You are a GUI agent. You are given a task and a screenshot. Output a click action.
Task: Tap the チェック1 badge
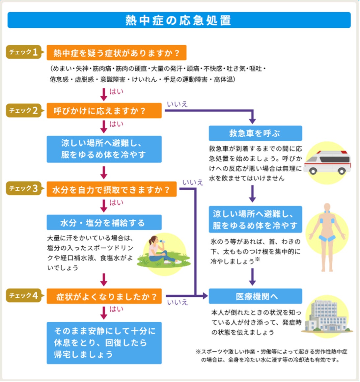[24, 52]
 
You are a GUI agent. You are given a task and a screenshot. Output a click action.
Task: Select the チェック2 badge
[24, 110]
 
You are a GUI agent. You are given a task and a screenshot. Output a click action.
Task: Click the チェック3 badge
[24, 188]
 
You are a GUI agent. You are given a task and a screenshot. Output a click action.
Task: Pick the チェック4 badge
[24, 295]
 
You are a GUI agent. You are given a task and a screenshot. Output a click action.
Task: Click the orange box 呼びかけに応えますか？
[104, 111]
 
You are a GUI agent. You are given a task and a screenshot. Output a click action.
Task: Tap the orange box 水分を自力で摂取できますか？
[111, 189]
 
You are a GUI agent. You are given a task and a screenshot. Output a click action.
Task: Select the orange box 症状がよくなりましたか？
[104, 296]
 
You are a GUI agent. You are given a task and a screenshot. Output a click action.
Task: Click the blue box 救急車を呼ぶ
[255, 133]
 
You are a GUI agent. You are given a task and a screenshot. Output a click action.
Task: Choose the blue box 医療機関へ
[255, 296]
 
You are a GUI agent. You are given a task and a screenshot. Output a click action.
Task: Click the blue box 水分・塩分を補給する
[104, 223]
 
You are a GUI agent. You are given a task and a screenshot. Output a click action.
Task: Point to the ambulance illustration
[327, 163]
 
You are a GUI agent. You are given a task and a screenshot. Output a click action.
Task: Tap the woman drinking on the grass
[161, 252]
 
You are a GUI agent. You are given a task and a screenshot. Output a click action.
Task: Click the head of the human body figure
[327, 207]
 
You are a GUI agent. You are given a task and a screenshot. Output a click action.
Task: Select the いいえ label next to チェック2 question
[177, 104]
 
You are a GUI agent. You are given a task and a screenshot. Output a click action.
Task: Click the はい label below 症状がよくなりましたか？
[116, 309]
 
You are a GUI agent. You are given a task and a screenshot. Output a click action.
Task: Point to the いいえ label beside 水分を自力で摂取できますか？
[193, 182]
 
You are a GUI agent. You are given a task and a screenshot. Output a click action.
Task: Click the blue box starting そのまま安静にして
[104, 343]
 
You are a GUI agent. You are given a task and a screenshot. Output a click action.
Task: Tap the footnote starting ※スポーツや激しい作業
[271, 356]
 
